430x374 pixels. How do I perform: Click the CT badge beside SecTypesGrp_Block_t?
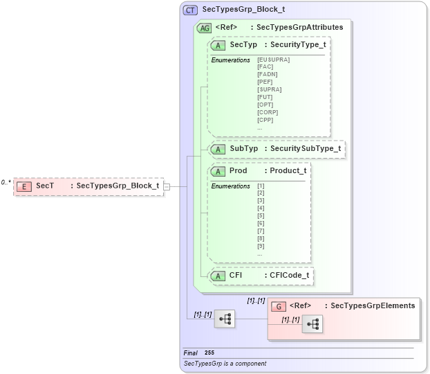[x=190, y=10]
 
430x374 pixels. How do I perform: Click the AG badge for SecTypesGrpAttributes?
[x=205, y=28]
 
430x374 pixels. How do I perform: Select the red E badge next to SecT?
[x=24, y=186]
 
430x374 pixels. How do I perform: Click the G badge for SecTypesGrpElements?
[x=278, y=305]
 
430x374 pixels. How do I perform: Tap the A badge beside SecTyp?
[x=219, y=45]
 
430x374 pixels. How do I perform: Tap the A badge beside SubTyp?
[x=219, y=149]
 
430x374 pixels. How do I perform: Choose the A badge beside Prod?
[x=219, y=171]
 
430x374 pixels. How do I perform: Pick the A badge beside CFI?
[x=219, y=276]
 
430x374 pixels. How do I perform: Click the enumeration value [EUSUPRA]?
[x=273, y=60]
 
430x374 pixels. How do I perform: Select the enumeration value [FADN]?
[x=267, y=74]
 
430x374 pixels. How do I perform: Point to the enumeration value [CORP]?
[x=268, y=112]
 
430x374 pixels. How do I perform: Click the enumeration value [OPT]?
[x=265, y=105]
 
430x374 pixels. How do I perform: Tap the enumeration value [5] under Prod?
[x=261, y=215]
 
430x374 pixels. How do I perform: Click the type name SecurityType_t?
[x=298, y=45]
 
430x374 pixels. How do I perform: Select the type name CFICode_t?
[x=289, y=276]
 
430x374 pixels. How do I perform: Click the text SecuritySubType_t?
[x=305, y=149]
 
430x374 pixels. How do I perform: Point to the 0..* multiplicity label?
[x=6, y=182]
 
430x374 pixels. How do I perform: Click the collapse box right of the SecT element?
[x=167, y=186]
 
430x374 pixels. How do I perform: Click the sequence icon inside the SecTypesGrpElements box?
[x=312, y=324]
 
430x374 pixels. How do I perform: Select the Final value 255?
[x=209, y=353]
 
